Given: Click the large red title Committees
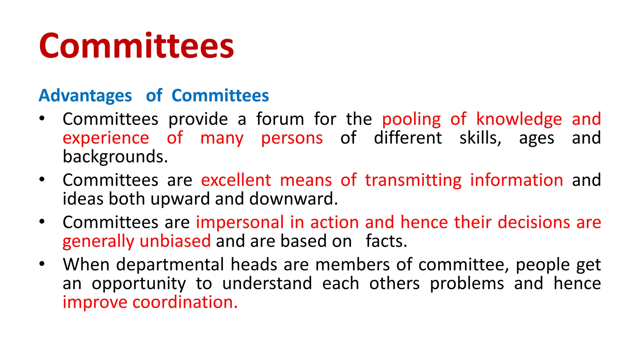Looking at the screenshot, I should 137,46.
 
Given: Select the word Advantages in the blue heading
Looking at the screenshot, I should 85,96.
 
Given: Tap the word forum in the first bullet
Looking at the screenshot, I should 280,119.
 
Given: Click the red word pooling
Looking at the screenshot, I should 411,119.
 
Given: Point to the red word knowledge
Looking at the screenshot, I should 519,119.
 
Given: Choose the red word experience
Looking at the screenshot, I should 106,138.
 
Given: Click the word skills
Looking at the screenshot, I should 480,138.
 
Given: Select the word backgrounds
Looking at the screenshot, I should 115,157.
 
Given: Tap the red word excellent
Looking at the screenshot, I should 236,180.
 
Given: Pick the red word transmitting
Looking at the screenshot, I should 413,180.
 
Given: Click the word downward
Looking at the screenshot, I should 293,199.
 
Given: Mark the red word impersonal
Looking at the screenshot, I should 240,222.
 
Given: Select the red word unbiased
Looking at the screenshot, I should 175,241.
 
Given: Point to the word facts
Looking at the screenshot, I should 386,241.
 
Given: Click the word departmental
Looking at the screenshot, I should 170,265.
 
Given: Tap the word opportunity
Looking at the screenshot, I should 139,283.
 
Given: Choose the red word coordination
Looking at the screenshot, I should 185,302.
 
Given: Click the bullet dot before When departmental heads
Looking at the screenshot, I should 42,264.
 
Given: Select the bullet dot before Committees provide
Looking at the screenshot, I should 42,119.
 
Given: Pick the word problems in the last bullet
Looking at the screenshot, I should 467,283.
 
